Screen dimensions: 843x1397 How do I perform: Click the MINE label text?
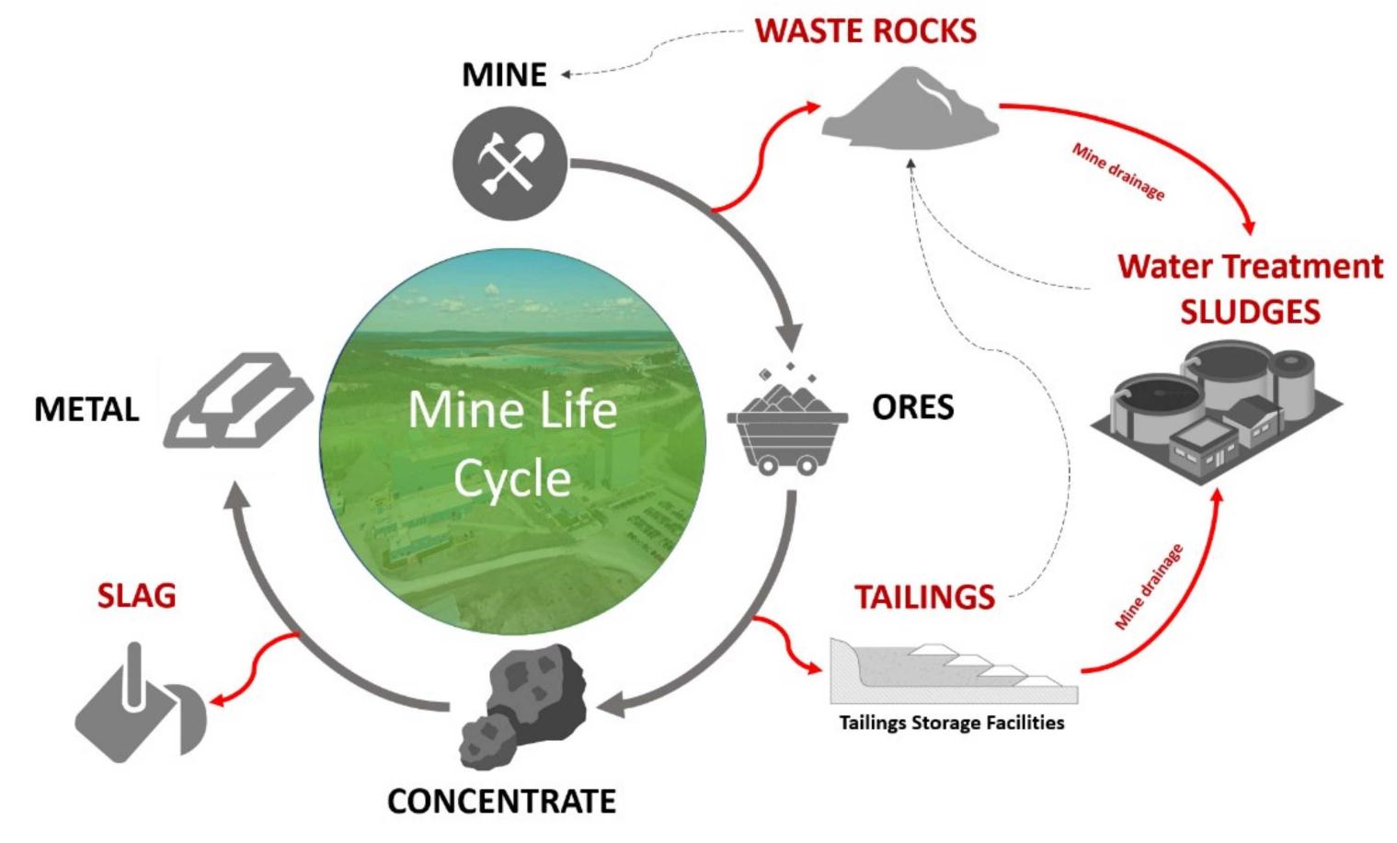(504, 74)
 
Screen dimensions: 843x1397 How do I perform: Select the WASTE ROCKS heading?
(865, 31)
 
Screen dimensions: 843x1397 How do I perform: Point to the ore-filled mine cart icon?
(787, 424)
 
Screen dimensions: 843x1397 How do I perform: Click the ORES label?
(912, 406)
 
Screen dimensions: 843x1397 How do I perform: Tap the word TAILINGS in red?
(924, 598)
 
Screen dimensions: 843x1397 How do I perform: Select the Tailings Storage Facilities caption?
(951, 723)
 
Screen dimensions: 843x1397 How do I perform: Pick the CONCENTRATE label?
(501, 801)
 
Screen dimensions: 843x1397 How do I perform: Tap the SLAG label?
(136, 596)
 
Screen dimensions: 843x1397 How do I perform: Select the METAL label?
(86, 409)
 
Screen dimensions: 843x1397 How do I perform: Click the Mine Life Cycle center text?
(512, 444)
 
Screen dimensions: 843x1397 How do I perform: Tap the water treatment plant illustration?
(1214, 404)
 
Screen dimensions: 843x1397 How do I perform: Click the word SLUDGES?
(1250, 312)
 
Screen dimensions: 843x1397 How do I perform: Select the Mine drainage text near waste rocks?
(1118, 172)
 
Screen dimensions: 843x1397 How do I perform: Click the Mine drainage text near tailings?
(1148, 587)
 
